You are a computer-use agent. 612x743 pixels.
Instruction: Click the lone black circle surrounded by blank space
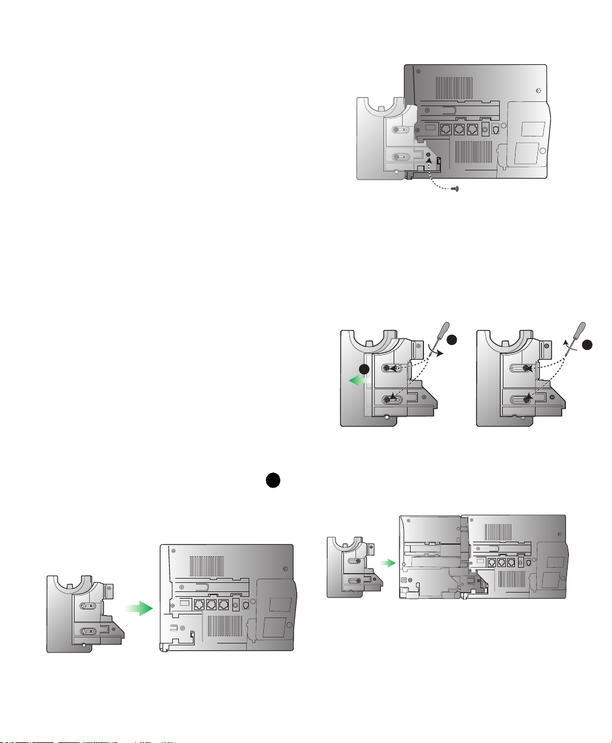pyautogui.click(x=272, y=480)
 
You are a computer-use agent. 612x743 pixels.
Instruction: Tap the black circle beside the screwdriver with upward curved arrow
pyautogui.click(x=587, y=345)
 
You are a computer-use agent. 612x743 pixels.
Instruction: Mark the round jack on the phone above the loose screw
pyautogui.click(x=485, y=129)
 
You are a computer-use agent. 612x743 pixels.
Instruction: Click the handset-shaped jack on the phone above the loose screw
pyautogui.click(x=497, y=129)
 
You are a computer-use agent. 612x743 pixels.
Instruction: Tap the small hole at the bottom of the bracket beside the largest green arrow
pyautogui.click(x=84, y=645)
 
